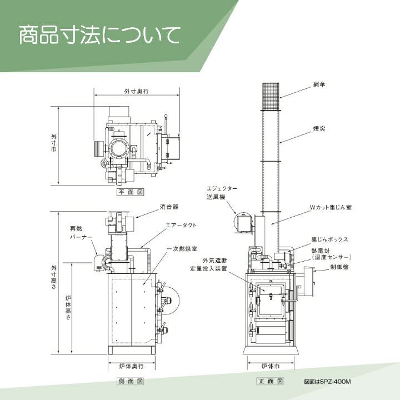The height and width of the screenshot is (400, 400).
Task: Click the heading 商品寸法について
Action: (99, 35)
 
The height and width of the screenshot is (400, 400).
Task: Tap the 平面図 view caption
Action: (131, 192)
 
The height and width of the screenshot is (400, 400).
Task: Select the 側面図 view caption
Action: (131, 382)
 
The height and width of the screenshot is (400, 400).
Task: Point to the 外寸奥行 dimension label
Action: (136, 91)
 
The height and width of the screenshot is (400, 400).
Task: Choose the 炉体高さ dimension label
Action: (67, 309)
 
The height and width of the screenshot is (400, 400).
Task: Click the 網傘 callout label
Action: (319, 84)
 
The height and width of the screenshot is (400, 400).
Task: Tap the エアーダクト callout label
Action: (181, 226)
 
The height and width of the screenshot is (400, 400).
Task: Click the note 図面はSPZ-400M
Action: (328, 382)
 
